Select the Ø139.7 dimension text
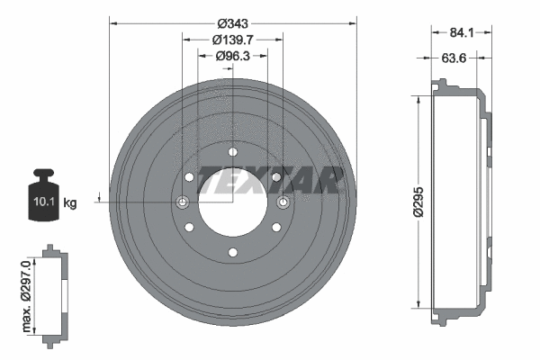[232, 39]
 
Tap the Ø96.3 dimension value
[232, 56]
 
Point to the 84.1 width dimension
[462, 33]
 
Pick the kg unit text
[70, 203]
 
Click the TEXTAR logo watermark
[270, 180]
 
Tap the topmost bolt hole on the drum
[232, 151]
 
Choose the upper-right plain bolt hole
[275, 176]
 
